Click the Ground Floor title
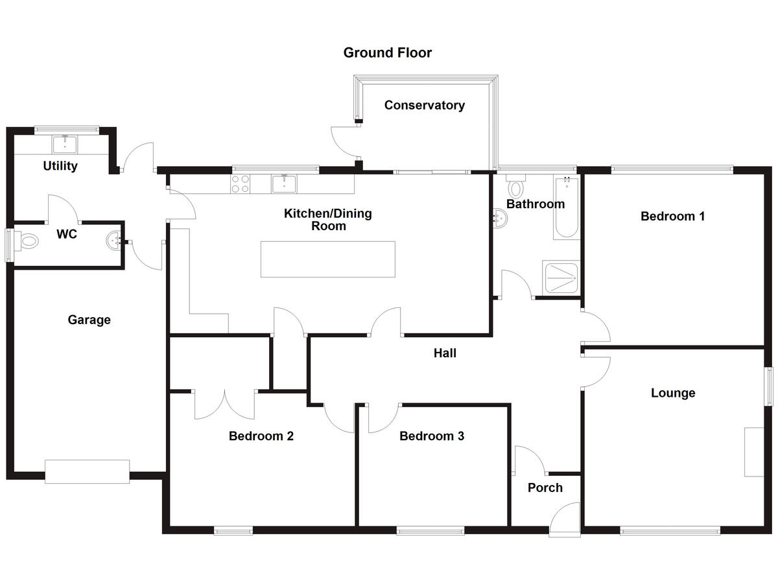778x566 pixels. tap(387, 53)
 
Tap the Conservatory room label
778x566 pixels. tap(425, 105)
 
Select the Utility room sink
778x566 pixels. tap(65, 145)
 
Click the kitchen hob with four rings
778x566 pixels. tap(241, 183)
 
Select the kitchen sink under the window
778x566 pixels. tap(284, 183)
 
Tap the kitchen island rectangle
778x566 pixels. tap(328, 259)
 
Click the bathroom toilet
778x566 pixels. tap(516, 186)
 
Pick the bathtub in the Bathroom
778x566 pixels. tap(567, 208)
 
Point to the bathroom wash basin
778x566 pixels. tap(500, 218)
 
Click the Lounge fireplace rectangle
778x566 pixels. tap(753, 452)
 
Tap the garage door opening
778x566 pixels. tap(87, 471)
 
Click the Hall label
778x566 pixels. tap(445, 353)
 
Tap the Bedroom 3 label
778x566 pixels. tap(432, 436)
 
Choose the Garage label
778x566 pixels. tap(89, 320)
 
